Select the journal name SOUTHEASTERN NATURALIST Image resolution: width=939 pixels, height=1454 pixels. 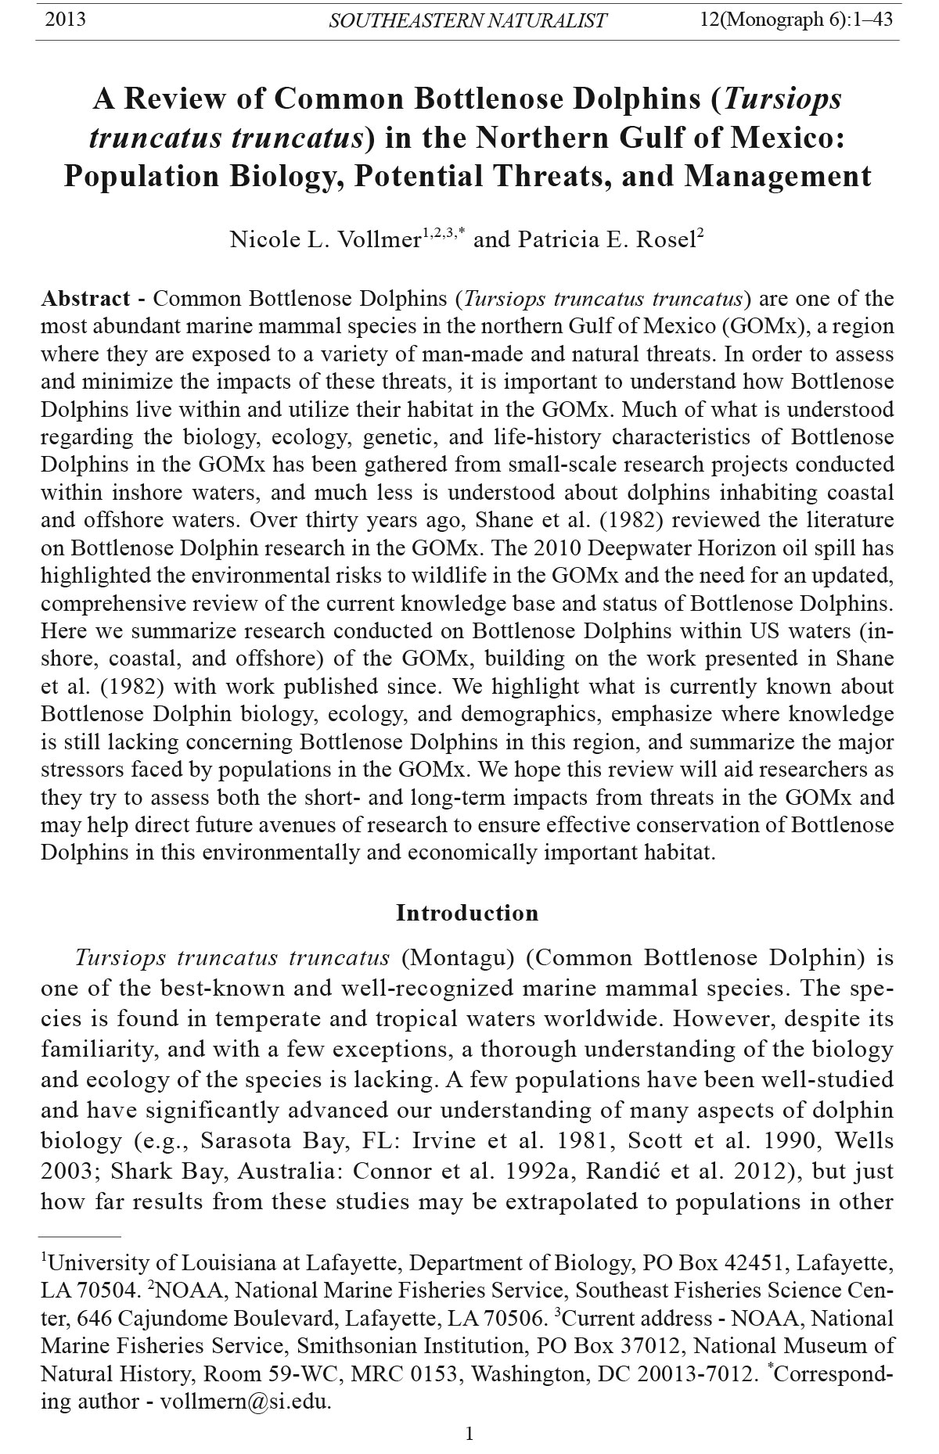coord(467,21)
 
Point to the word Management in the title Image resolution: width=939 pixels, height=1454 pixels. coord(778,176)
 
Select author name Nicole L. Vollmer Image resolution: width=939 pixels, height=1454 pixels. coord(326,239)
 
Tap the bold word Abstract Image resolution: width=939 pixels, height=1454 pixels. coord(86,299)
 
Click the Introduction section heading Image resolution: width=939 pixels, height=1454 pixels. coord(467,913)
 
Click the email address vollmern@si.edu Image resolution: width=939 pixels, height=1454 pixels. coord(246,1402)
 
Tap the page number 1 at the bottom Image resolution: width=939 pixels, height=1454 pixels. coord(469,1433)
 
